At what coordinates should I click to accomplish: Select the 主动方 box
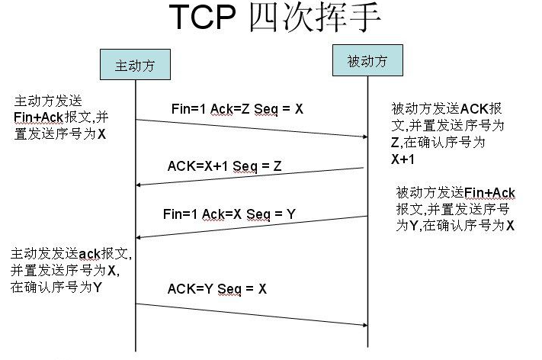[134, 65]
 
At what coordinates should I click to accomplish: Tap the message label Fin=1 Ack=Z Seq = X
[237, 109]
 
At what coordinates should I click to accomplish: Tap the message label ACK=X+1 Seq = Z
[225, 166]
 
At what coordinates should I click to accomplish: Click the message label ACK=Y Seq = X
[217, 289]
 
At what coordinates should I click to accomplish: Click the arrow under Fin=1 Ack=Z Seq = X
[252, 128]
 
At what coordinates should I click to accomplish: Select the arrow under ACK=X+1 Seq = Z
[252, 176]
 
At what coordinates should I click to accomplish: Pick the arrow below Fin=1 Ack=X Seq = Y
[252, 227]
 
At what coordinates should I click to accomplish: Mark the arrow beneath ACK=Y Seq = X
[252, 313]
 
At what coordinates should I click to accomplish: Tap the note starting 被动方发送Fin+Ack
[455, 208]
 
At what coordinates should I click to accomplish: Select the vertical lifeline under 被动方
[368, 252]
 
